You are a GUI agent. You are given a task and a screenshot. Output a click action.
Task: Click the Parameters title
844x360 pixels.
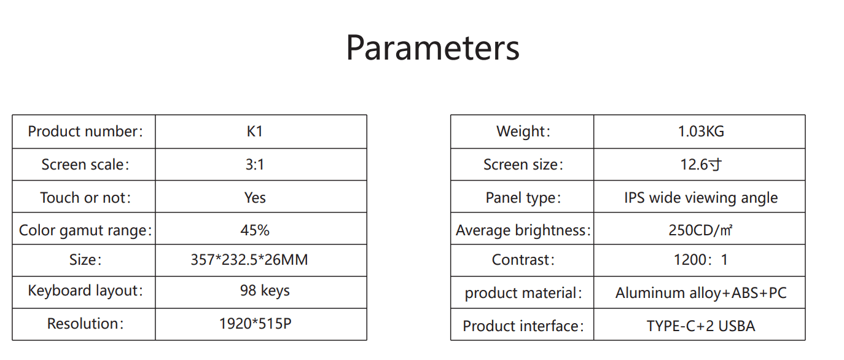coord(432,48)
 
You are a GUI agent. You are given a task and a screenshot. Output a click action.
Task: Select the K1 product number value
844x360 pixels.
coord(255,131)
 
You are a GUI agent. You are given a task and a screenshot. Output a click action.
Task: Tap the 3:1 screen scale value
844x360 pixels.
coord(255,165)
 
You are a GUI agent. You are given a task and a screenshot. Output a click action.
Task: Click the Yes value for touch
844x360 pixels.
coord(255,198)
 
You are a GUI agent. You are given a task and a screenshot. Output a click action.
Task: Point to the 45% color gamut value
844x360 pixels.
coord(255,230)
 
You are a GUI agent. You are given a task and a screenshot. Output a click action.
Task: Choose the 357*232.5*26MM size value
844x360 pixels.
coord(249,260)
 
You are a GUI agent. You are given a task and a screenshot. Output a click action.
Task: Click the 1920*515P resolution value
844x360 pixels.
coord(255,323)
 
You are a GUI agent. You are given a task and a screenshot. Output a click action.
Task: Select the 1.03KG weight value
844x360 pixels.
coord(701,131)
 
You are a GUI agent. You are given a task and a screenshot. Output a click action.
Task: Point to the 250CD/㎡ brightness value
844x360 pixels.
coord(700,230)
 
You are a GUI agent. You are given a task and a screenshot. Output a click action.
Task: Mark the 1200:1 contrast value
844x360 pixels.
coord(700,260)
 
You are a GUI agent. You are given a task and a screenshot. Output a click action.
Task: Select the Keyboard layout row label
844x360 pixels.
coord(85,291)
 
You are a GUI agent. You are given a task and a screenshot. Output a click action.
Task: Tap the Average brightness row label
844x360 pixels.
coord(523,230)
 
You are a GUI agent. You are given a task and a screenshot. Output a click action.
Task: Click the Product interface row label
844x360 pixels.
coord(523,326)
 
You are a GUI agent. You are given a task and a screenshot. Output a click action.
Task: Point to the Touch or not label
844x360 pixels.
coord(85,198)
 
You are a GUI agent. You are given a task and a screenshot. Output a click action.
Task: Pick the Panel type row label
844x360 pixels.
coord(523,198)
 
